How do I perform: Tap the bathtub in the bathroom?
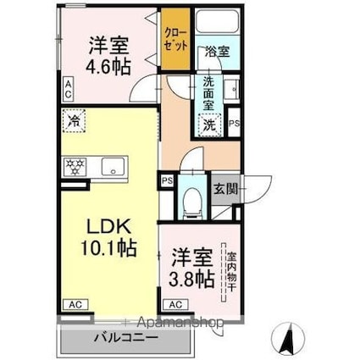(x=217, y=21)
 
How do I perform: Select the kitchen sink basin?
(x=113, y=167)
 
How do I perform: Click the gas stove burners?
(x=75, y=167)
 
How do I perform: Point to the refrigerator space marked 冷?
(x=74, y=121)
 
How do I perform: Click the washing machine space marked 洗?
(x=209, y=125)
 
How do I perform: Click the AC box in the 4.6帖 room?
(x=68, y=89)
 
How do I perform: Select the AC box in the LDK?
(x=75, y=305)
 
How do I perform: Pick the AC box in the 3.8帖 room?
(x=175, y=305)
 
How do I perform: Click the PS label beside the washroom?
(x=234, y=124)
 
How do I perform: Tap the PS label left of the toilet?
(x=167, y=181)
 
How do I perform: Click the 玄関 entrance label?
(x=225, y=189)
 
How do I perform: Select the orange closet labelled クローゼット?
(x=175, y=39)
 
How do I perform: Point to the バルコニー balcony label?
(x=126, y=338)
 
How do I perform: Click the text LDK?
(x=109, y=227)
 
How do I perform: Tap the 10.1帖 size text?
(x=109, y=247)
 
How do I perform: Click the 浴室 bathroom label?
(x=217, y=52)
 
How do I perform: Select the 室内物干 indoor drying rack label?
(x=232, y=272)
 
